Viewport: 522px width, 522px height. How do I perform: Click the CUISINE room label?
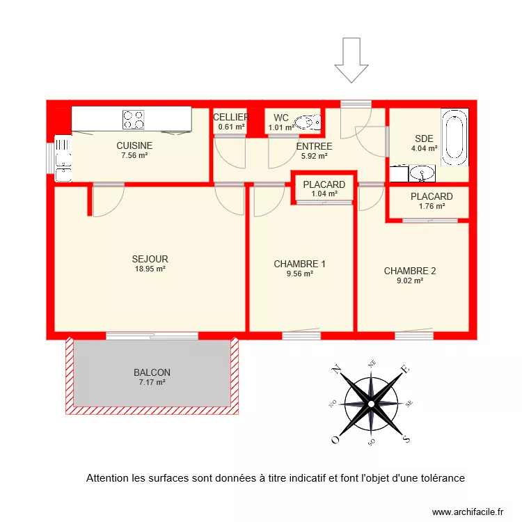[x=134, y=145]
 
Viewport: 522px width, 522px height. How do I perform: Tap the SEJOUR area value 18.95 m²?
[x=150, y=269]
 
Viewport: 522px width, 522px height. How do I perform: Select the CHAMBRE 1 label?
[x=299, y=264]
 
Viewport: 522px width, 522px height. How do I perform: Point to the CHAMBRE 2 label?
[x=410, y=271]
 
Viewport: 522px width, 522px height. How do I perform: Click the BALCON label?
[x=152, y=372]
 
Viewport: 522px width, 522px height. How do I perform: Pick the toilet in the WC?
[x=306, y=123]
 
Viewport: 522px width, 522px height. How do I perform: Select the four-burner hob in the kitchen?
[x=134, y=120]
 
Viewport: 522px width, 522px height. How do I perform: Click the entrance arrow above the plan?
[x=351, y=61]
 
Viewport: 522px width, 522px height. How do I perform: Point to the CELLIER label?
[x=230, y=117]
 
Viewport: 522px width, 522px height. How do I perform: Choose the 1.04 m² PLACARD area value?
[x=324, y=194]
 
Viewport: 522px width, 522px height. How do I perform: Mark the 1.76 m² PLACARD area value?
[x=432, y=207]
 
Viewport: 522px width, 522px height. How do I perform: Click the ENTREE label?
[x=314, y=147]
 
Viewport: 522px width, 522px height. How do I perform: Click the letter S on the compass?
[x=406, y=438]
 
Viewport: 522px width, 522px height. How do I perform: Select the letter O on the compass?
[x=335, y=439]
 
